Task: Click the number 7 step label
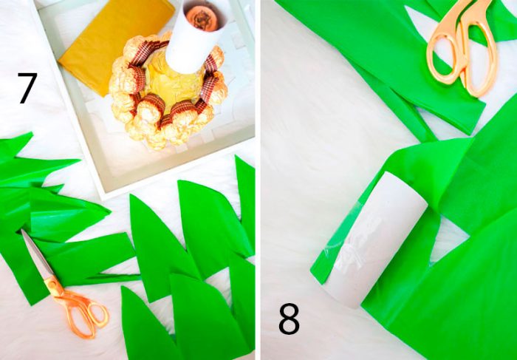pyautogui.click(x=27, y=88)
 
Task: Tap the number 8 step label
pyautogui.click(x=290, y=320)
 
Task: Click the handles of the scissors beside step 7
pyautogui.click(x=83, y=310)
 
